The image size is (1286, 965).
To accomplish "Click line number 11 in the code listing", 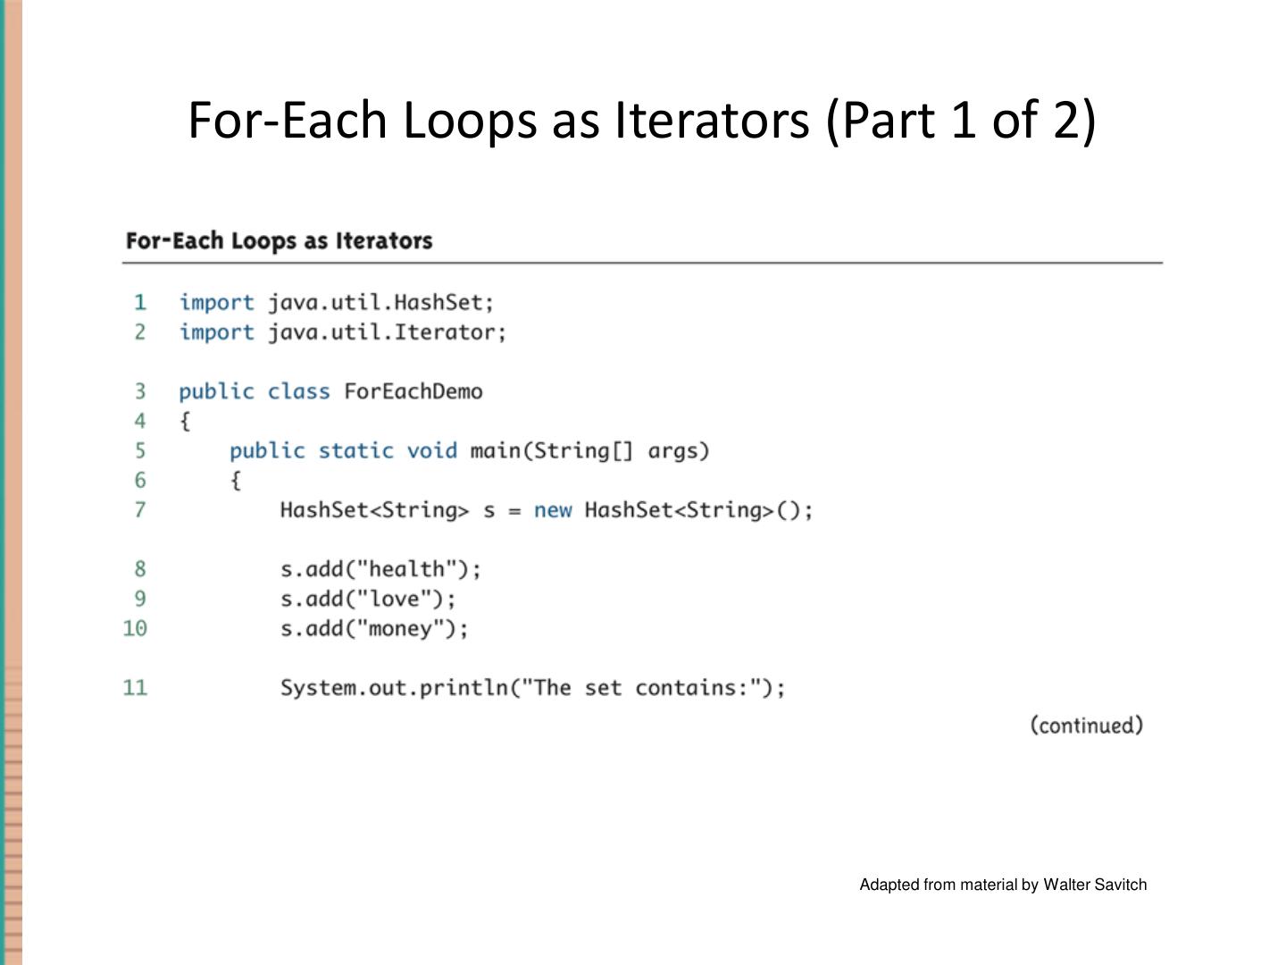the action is [x=135, y=687].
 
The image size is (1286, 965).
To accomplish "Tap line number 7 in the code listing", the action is [x=140, y=509].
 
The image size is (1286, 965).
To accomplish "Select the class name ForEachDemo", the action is [x=413, y=391].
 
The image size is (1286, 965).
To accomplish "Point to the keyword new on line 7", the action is [x=553, y=509].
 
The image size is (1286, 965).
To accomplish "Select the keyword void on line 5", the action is [x=432, y=450].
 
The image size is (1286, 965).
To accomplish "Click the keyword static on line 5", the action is [x=355, y=450].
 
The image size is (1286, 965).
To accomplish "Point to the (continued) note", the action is [x=1086, y=725].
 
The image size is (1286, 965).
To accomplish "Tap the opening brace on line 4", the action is [x=185, y=421].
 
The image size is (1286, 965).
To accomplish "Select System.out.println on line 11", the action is [x=394, y=687].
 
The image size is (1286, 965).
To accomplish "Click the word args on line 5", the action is [x=672, y=450].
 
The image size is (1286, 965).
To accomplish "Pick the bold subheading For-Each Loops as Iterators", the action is [x=279, y=240].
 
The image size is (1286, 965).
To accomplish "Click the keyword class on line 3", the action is [x=298, y=391].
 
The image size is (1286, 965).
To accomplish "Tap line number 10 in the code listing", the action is [x=135, y=628].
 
